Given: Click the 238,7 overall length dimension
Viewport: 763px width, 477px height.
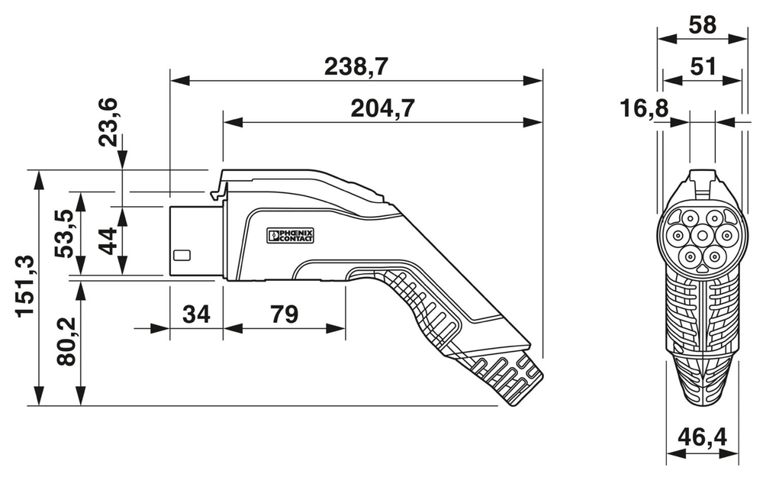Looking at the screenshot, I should pos(356,67).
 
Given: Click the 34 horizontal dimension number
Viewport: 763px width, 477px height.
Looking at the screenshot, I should pos(196,314).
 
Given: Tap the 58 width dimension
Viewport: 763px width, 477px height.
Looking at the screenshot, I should pos(702,24).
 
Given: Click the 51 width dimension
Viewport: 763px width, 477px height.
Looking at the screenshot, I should pos(702,66).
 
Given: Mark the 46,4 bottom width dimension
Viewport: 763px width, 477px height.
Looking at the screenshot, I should pos(702,437).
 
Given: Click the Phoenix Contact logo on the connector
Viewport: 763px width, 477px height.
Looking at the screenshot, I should pos(290,236).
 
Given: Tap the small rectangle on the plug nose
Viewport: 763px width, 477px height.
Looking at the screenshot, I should pos(182,256).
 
